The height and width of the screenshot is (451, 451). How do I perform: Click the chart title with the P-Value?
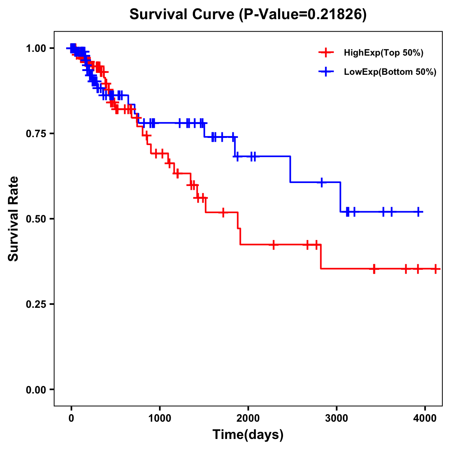[x=248, y=14]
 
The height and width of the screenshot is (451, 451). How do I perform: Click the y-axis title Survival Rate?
[x=14, y=219]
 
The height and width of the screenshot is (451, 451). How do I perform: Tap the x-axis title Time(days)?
[x=248, y=434]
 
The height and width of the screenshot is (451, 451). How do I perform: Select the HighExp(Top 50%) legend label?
[x=383, y=53]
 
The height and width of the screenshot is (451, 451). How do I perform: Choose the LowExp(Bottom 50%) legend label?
[x=390, y=72]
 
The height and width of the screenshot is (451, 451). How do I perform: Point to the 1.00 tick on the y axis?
[x=36, y=48]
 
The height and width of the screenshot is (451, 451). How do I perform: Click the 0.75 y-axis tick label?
[x=36, y=133]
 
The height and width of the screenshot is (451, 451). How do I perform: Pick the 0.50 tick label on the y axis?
[x=36, y=219]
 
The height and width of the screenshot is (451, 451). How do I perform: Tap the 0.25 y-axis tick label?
[x=36, y=304]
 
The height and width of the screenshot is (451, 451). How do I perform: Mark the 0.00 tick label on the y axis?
[x=36, y=389]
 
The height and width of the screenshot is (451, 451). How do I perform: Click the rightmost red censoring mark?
[x=435, y=269]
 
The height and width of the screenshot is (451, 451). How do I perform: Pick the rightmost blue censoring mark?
[x=418, y=212]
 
